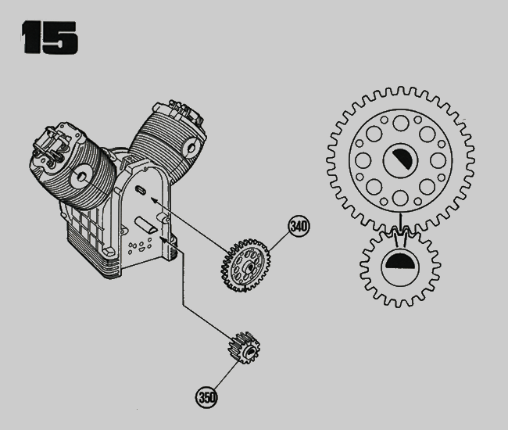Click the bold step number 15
pos(49,38)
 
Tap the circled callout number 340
pos(299,226)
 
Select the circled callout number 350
pos(206,397)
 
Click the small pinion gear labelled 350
pos(245,348)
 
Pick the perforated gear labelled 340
pos(245,265)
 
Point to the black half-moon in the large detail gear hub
pos(402,159)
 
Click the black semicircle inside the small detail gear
pos(400,260)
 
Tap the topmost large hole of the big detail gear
pos(401,123)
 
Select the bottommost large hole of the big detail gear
pos(400,198)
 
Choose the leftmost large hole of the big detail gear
pos(363,161)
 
